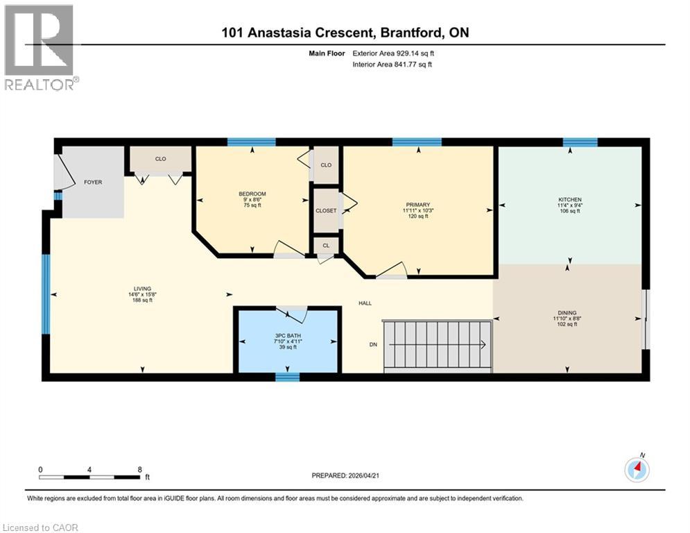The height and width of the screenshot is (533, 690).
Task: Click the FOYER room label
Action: [93, 183]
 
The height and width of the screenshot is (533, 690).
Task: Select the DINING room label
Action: [567, 313]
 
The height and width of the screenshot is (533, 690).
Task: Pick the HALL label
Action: [365, 303]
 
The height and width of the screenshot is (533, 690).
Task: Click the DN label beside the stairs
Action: [372, 345]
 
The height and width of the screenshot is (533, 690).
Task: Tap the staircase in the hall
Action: [437, 345]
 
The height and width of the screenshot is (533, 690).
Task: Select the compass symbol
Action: [636, 470]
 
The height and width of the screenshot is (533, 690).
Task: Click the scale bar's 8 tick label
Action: [140, 469]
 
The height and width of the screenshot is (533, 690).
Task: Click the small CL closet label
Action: [325, 245]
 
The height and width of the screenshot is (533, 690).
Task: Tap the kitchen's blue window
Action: [580, 142]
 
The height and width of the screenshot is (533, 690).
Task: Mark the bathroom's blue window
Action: [286, 378]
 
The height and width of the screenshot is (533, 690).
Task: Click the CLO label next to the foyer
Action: [160, 159]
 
